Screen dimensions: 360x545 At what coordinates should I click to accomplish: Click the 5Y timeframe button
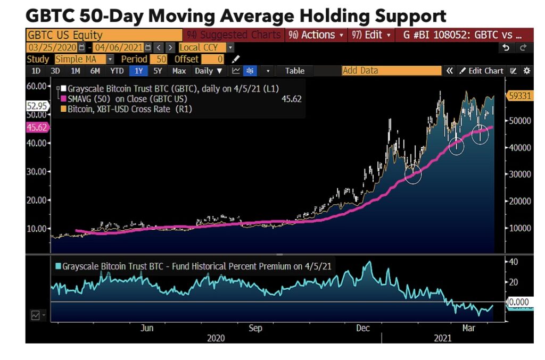coord(158,71)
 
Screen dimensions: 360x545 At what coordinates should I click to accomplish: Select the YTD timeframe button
coord(117,71)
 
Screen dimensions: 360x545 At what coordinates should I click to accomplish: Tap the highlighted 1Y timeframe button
coord(138,71)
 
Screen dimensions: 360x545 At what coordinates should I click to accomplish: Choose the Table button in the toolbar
coord(295,71)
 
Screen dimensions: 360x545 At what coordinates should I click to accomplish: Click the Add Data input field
coord(391,70)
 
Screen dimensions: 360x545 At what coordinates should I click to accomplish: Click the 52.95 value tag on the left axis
coord(37,106)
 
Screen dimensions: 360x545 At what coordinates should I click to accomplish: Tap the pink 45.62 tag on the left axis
coord(37,127)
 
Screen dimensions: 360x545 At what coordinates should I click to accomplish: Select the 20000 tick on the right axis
coord(519,201)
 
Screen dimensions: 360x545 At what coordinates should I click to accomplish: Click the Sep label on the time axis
coord(255,328)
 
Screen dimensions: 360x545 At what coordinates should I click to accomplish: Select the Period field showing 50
coord(159,59)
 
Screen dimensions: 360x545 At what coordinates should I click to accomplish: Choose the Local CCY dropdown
coord(206,47)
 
